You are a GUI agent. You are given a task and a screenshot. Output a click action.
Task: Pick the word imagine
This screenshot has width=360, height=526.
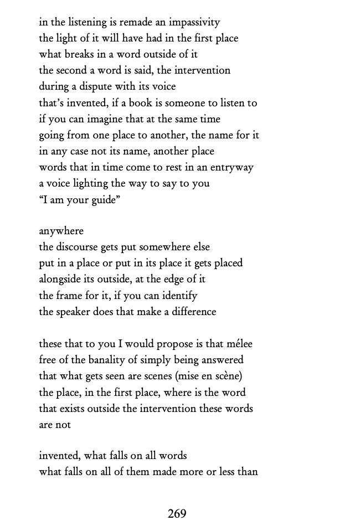coord(111,119)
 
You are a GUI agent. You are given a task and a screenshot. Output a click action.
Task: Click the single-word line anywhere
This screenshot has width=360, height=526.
coord(61,231)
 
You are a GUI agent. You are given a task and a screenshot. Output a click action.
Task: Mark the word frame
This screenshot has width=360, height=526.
coord(71,296)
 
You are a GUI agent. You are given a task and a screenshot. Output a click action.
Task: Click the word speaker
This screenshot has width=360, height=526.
coord(76,312)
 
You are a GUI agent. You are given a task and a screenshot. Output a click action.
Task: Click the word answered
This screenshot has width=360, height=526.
coord(222,360)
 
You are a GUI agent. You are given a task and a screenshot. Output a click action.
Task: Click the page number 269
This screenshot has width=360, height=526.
coord(177,514)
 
